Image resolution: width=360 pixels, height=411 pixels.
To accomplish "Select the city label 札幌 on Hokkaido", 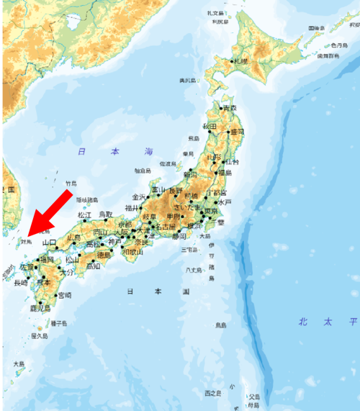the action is click(240, 62).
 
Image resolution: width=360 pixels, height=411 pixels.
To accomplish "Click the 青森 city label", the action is click(230, 108).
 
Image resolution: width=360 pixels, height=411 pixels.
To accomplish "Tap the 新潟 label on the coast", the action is click(190, 174).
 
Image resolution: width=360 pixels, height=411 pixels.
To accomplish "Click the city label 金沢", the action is click(139, 197).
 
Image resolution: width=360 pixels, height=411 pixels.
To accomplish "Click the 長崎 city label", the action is click(21, 283).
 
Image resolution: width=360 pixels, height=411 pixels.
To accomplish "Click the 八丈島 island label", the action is click(192, 270).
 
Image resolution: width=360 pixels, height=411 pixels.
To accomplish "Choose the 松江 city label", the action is click(85, 214).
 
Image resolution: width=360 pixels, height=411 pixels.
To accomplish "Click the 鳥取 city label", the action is click(107, 214).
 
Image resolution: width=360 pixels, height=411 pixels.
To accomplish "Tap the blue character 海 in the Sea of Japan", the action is click(148, 152).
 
